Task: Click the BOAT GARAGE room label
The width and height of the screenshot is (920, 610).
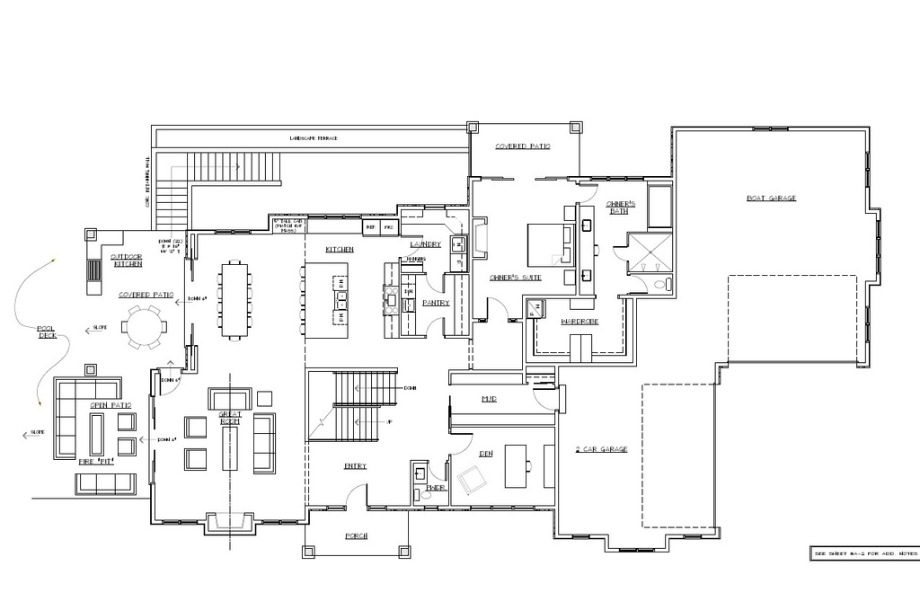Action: point(771,199)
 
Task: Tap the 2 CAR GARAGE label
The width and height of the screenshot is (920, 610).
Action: point(601,449)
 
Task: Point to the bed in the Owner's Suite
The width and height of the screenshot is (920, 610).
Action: point(544,243)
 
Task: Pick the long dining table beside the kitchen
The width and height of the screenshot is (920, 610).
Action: point(234,299)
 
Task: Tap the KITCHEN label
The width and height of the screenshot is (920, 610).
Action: point(340,249)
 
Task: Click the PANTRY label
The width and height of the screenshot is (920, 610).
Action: point(435,303)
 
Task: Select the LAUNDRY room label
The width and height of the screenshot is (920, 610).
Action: point(425,243)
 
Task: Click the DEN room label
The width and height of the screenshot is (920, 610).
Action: point(485,454)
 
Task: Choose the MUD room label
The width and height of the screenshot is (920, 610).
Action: point(489,398)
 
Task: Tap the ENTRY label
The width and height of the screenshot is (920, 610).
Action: point(355,466)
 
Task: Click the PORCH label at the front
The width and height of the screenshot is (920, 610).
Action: point(357,536)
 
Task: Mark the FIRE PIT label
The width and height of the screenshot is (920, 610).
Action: point(97,462)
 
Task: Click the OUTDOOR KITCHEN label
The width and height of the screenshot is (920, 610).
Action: point(127,260)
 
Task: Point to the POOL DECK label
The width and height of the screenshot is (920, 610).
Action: point(46,332)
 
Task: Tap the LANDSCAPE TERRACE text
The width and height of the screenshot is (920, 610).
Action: point(313,138)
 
